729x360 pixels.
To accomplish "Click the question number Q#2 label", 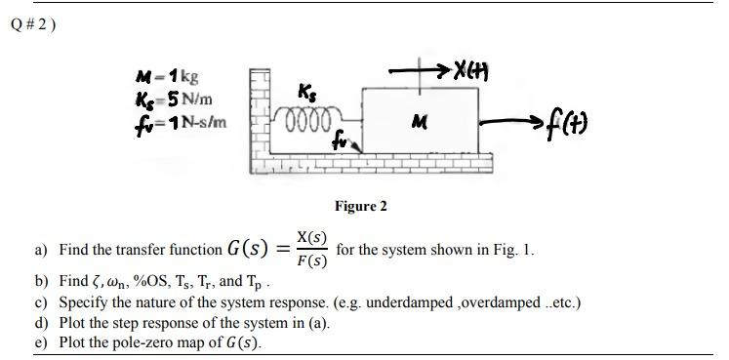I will click(x=34, y=24).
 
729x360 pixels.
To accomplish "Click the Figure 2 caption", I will click(x=360, y=206).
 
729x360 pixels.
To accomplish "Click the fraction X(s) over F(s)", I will click(x=311, y=250).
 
